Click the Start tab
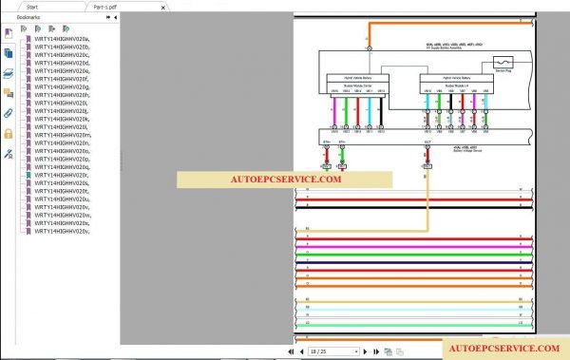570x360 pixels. [x=32, y=6]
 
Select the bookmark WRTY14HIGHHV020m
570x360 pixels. [x=63, y=135]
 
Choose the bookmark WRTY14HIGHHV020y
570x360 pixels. [x=62, y=231]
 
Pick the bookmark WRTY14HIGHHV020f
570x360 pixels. [x=62, y=78]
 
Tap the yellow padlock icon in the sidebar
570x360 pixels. [x=9, y=133]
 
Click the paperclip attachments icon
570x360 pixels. [x=9, y=113]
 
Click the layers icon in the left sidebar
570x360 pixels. [x=9, y=72]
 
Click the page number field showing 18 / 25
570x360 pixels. [x=332, y=351]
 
